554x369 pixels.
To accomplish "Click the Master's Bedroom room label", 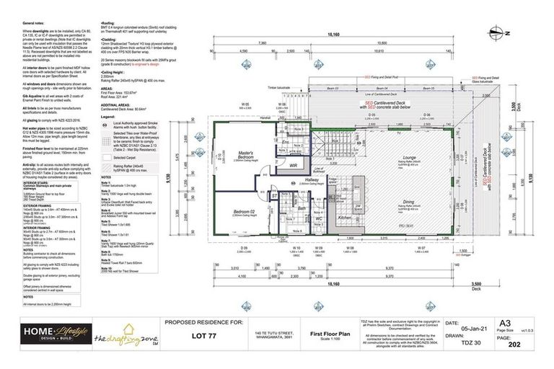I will (x=245, y=155).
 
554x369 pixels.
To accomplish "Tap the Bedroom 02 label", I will (x=243, y=212).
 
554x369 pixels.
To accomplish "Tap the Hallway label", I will (x=311, y=182).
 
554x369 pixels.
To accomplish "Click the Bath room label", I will (x=302, y=209).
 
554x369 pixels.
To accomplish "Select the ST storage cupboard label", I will (x=274, y=195).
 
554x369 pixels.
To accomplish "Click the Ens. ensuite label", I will (x=286, y=142).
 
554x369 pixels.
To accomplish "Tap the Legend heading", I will (x=109, y=115).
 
